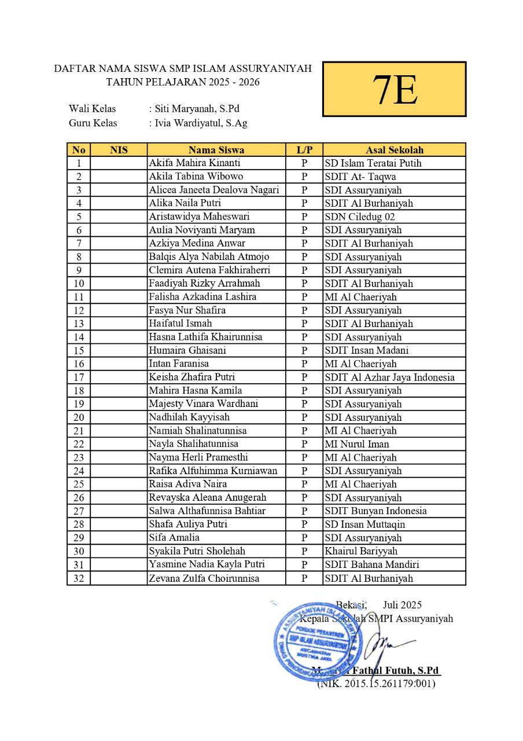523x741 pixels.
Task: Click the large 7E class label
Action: (x=394, y=90)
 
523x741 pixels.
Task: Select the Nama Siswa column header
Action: (x=216, y=150)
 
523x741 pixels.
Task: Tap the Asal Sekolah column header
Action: (x=394, y=150)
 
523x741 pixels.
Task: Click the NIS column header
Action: (x=119, y=150)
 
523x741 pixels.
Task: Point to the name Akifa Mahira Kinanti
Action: (x=194, y=163)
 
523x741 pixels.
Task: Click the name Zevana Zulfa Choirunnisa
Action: (x=204, y=578)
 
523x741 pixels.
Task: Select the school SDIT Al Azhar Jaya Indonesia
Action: (x=389, y=377)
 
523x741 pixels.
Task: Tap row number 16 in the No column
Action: (x=79, y=364)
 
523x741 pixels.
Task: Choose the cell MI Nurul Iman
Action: (x=357, y=444)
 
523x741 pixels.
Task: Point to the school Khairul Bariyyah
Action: (x=361, y=551)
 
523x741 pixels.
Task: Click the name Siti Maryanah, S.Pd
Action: (x=196, y=108)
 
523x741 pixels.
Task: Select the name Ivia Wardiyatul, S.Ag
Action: (x=200, y=123)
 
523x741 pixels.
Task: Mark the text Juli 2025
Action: (x=402, y=605)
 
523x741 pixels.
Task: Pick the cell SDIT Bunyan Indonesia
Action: (x=375, y=511)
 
